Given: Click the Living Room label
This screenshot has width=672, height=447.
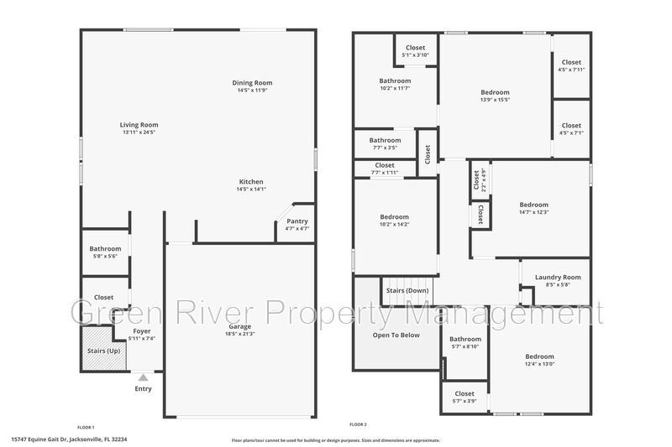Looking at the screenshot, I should tap(139, 125).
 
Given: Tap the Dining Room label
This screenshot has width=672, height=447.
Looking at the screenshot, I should tap(252, 83).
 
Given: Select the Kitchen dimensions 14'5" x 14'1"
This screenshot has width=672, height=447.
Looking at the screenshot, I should tap(251, 190).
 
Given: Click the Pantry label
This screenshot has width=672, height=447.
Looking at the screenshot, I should tap(297, 221).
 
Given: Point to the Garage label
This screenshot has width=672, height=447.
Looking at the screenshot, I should tap(239, 326).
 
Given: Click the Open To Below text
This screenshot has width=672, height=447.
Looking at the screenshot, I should tap(396, 335).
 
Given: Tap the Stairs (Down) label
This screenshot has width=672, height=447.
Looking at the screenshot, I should tap(407, 290).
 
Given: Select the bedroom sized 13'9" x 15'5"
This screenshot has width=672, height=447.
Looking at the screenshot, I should tap(495, 96).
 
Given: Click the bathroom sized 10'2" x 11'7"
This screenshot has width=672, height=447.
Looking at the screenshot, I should tap(394, 84).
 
